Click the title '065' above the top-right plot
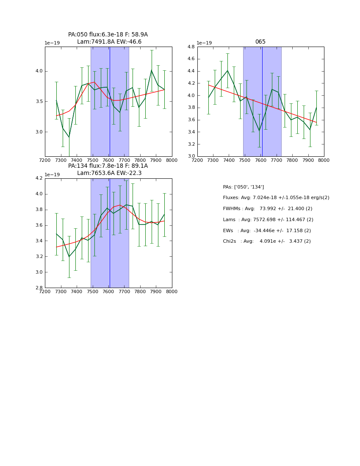point(260,42)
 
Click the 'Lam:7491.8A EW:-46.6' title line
point(109,42)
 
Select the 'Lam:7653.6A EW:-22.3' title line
point(109,173)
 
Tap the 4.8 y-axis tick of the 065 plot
point(191,47)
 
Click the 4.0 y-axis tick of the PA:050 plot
point(39,71)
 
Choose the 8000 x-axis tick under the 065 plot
point(324,161)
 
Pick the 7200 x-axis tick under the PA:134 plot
point(45,292)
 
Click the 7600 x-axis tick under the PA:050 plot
point(108,161)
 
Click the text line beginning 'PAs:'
point(243,187)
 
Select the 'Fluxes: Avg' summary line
point(276,198)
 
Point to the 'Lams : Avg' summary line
point(268,220)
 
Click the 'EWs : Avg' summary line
point(266,230)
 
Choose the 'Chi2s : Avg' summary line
point(266,241)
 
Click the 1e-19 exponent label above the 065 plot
point(204,43)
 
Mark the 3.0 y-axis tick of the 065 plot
point(191,156)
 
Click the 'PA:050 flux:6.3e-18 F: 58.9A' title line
point(108,35)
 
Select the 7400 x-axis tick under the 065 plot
point(229,161)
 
